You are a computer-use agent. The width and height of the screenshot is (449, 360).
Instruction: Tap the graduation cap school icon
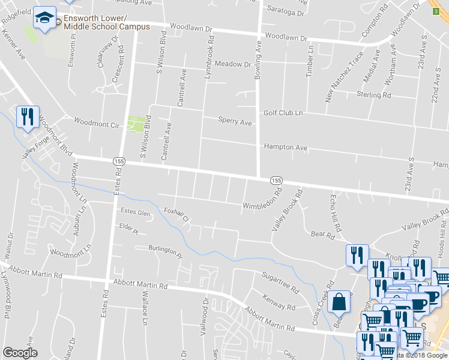44,18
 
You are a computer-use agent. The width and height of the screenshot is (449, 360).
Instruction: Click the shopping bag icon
339,302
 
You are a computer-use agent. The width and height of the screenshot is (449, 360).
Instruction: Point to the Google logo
20,353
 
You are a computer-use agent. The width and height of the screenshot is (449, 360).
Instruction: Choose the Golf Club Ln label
283,113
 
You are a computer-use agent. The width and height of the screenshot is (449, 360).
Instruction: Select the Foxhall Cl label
176,214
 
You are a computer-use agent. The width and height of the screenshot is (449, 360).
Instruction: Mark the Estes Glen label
135,211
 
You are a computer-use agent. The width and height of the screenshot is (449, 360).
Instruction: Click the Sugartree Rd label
280,280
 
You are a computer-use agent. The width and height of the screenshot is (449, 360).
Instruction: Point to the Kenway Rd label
279,302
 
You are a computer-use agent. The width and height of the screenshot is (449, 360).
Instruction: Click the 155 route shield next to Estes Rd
118,161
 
